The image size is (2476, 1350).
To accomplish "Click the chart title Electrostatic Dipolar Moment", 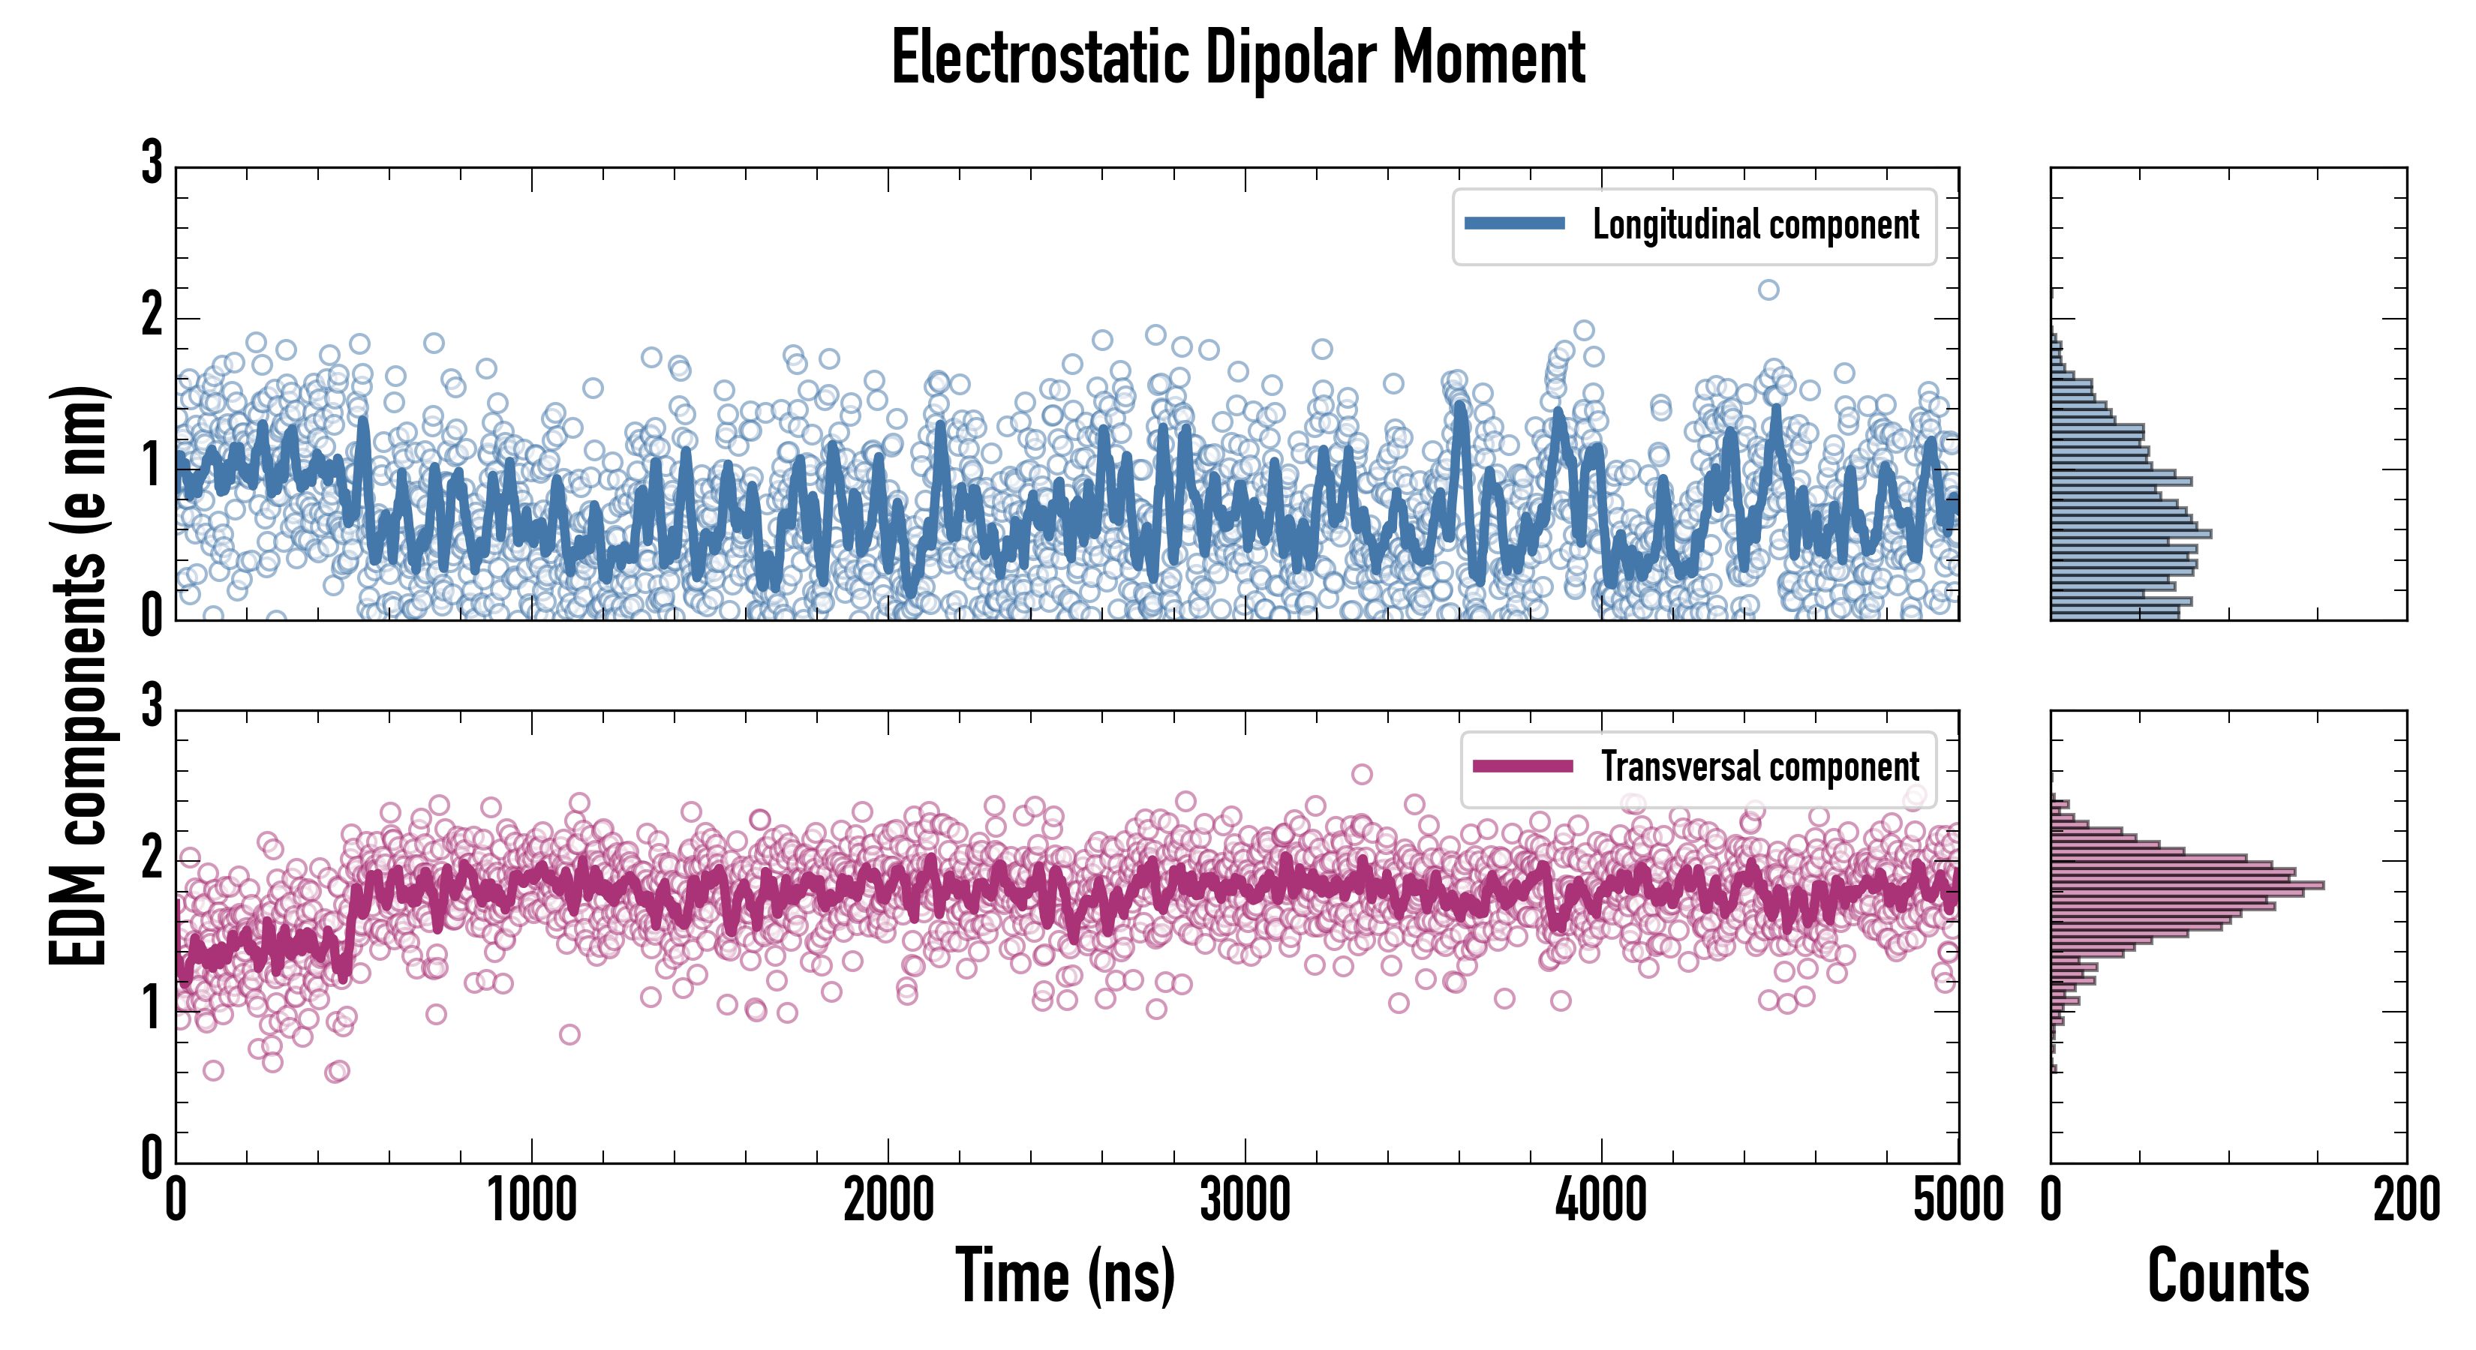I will click(x=1238, y=58).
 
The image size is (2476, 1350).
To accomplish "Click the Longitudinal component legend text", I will click(x=1755, y=225).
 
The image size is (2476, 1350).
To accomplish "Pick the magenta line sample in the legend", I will click(x=1522, y=766).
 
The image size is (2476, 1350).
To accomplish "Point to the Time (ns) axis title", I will click(x=1065, y=1276).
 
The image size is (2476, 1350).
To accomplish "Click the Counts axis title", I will click(x=2228, y=1276).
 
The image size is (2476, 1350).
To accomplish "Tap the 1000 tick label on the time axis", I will click(x=531, y=1201).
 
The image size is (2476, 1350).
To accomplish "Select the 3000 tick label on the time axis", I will click(x=1245, y=1201).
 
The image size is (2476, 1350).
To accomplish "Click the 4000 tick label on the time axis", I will click(x=1601, y=1201).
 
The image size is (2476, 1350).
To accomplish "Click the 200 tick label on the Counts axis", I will click(x=2405, y=1201).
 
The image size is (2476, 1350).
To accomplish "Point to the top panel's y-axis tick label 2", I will click(x=152, y=315).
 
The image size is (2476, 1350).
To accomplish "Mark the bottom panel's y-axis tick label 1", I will click(x=152, y=1009).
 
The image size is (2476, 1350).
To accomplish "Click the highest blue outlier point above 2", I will click(x=1768, y=289).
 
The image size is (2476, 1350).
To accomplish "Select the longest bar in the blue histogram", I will click(x=2131, y=533).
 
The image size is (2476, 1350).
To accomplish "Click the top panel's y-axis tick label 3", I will click(x=152, y=163).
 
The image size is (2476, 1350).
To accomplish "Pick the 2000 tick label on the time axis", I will click(x=888, y=1201).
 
